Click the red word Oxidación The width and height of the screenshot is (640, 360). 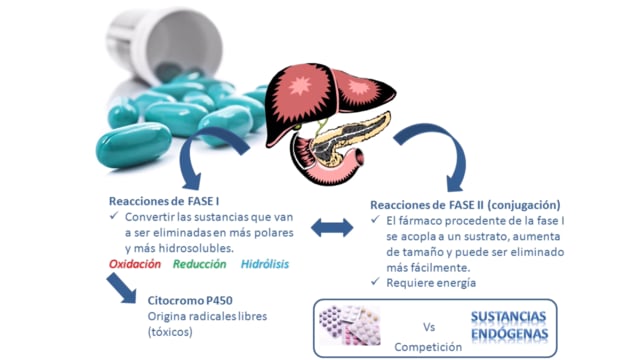click(135, 264)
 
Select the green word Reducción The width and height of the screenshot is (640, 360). click(200, 264)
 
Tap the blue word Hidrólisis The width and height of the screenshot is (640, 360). click(265, 264)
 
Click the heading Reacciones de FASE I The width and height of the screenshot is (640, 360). click(164, 201)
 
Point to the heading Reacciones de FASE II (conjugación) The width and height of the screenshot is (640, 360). click(465, 205)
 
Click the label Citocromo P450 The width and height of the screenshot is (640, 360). click(190, 300)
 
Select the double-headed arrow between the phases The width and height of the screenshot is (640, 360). click(332, 228)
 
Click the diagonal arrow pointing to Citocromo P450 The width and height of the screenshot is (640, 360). click(121, 288)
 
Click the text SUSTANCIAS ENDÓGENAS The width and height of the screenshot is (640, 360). click(509, 325)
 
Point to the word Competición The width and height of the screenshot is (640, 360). click(428, 347)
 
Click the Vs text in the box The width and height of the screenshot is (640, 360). click(429, 327)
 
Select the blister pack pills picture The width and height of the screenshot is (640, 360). click(350, 325)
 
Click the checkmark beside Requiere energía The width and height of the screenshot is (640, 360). click(375, 281)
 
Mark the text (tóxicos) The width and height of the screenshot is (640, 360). click(170, 332)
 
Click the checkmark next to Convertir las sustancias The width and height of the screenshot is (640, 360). click(114, 215)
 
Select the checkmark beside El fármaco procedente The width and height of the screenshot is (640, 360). click(375, 219)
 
